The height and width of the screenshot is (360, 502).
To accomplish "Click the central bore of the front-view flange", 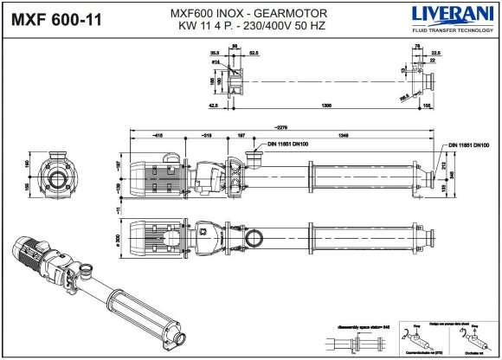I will [59, 180].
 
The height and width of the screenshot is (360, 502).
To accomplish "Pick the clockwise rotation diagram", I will [467, 342].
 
